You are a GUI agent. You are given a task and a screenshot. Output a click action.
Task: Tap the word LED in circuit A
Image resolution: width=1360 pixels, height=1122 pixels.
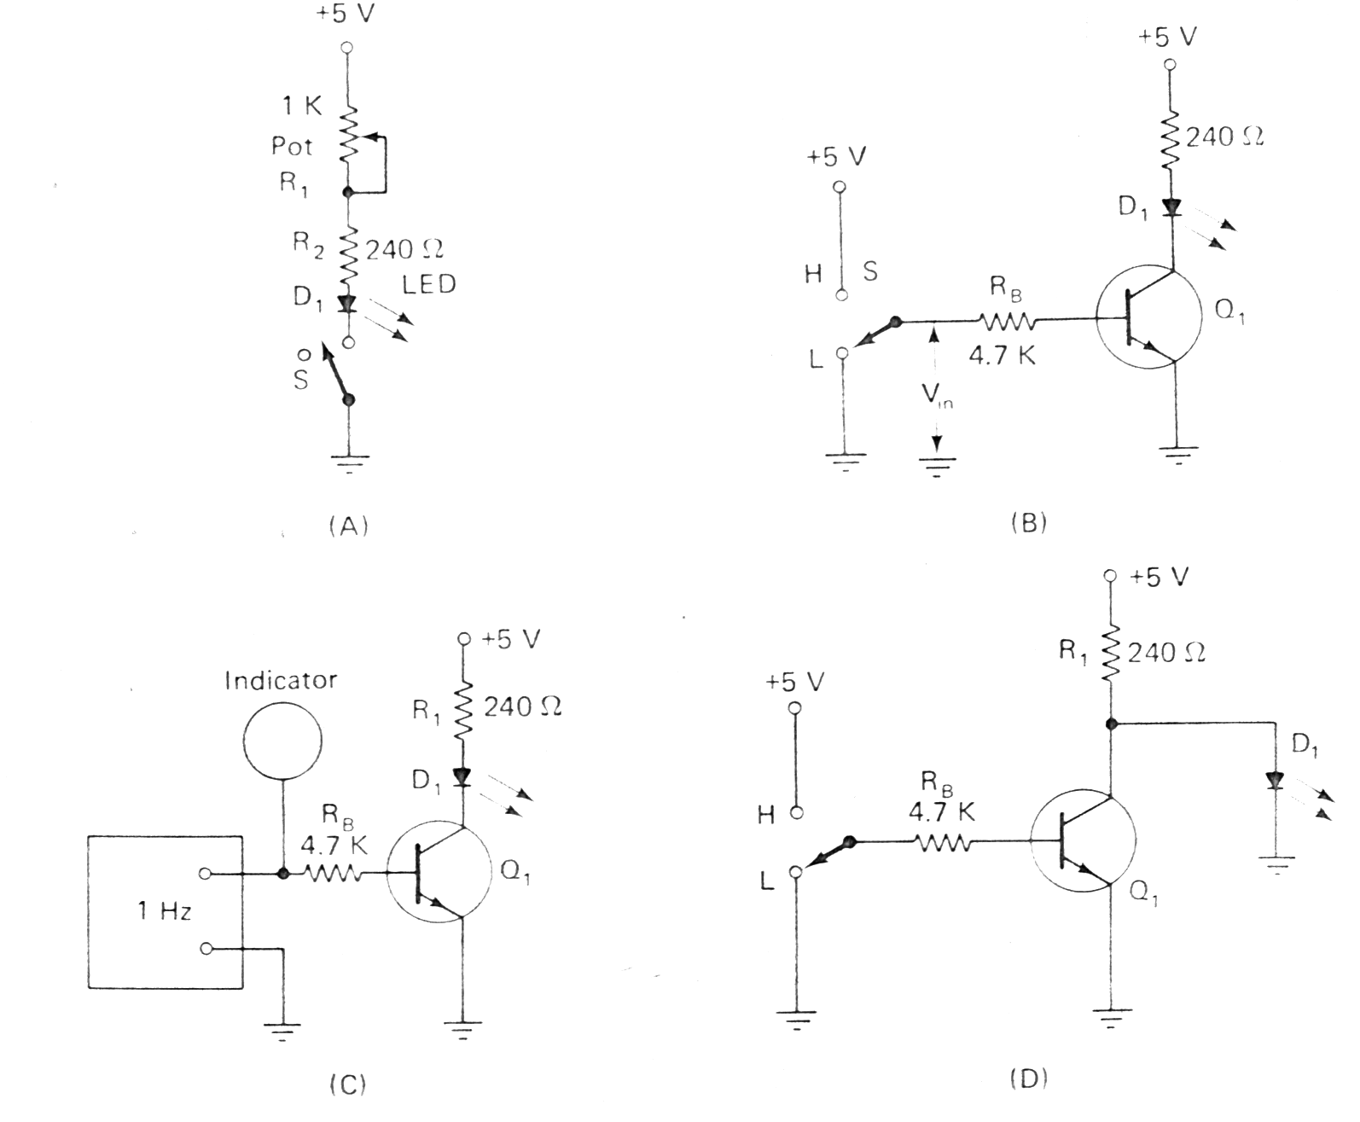[x=429, y=284]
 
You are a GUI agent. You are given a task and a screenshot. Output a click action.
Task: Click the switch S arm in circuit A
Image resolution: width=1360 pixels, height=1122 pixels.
[x=334, y=374]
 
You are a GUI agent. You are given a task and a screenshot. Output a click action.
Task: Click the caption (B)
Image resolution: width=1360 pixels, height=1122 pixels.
[x=1028, y=522]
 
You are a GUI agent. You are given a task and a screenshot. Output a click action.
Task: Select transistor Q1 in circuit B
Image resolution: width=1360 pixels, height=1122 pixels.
[x=1148, y=316]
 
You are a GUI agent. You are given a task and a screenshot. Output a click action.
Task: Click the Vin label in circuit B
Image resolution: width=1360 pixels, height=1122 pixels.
[x=936, y=396]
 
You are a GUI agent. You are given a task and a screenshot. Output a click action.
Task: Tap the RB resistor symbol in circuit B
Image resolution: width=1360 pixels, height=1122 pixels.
[x=1009, y=322]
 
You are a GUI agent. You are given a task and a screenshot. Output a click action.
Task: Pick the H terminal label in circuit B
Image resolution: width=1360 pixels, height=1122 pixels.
[x=813, y=273]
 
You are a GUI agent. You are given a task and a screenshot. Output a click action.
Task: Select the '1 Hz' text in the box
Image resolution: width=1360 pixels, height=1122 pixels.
[x=164, y=911]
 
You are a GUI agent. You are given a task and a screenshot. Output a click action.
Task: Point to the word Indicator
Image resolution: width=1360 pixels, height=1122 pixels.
[x=281, y=680]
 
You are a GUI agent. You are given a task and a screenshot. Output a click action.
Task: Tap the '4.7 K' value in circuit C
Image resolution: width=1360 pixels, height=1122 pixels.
[x=334, y=846]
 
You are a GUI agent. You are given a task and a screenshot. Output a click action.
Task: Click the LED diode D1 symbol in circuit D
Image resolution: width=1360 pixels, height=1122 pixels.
[x=1276, y=781]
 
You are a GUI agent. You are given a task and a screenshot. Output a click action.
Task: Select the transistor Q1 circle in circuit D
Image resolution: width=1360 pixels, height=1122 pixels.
[x=1083, y=841]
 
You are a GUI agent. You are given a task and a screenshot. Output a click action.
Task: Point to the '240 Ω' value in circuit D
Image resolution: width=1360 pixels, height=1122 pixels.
[x=1166, y=654]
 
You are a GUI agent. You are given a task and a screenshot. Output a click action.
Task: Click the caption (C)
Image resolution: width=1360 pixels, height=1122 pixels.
[x=347, y=1084]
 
